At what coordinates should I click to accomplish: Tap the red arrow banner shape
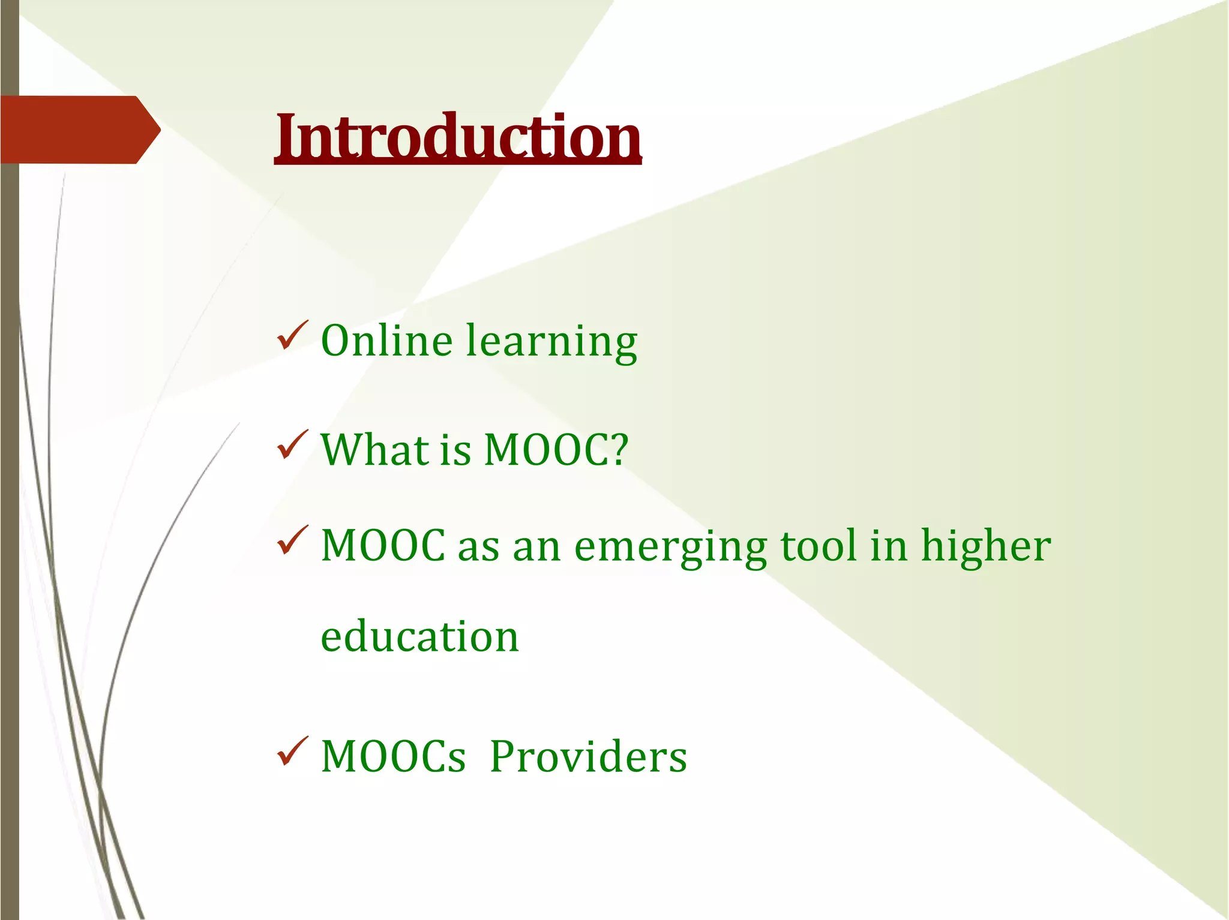coord(78,130)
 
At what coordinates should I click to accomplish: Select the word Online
coord(386,341)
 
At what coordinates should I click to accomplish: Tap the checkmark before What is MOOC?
coord(292,446)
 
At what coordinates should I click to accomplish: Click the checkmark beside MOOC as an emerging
coord(292,540)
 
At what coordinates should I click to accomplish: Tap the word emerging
coord(670,547)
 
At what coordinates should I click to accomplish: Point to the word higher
coord(985,547)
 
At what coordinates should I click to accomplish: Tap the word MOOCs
coord(393,756)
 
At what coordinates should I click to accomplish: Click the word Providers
coord(588,756)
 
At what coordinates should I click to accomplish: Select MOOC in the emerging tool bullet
coord(383,546)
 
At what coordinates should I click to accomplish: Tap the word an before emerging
coord(536,547)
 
